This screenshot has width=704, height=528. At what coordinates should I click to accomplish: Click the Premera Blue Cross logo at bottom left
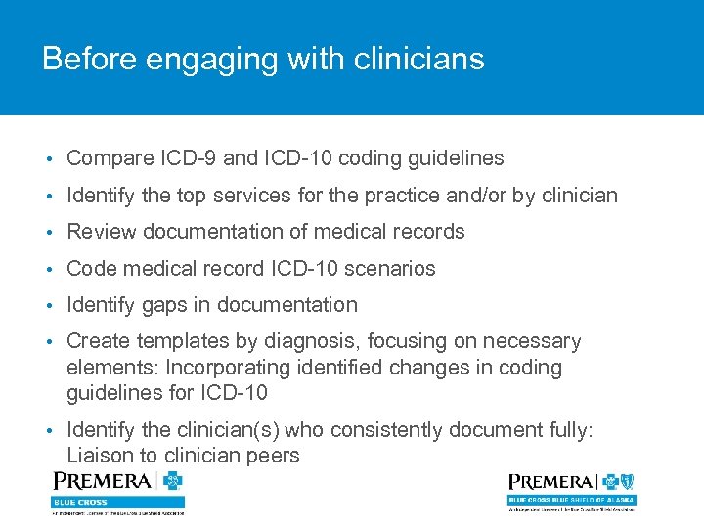[117, 492]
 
